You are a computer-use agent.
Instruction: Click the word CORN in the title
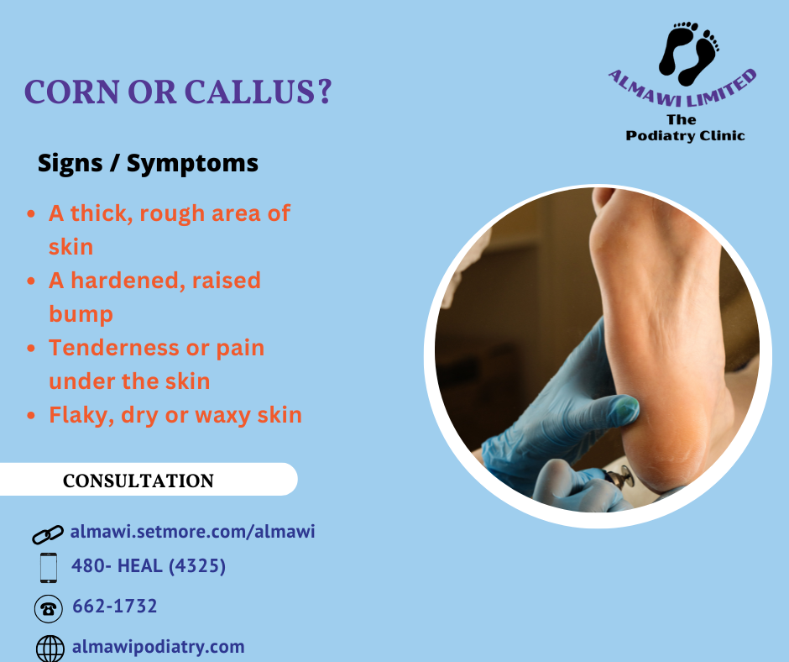pos(72,92)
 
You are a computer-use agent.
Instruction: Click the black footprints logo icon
pos(689,53)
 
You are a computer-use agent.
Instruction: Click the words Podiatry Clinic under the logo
pos(685,136)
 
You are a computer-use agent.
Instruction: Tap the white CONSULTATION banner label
pos(138,481)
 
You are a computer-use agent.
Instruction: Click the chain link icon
pos(48,534)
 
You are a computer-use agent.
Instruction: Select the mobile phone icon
pos(49,568)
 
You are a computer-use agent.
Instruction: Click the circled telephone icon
pos(49,608)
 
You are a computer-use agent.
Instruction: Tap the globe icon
pos(50,649)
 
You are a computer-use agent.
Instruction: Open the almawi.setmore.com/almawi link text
pos(193,532)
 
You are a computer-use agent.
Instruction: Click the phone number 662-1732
pos(115,606)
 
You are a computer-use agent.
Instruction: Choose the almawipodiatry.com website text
pos(159,647)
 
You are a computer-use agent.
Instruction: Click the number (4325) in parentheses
pos(196,565)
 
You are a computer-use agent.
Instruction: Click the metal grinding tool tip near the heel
pos(623,477)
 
